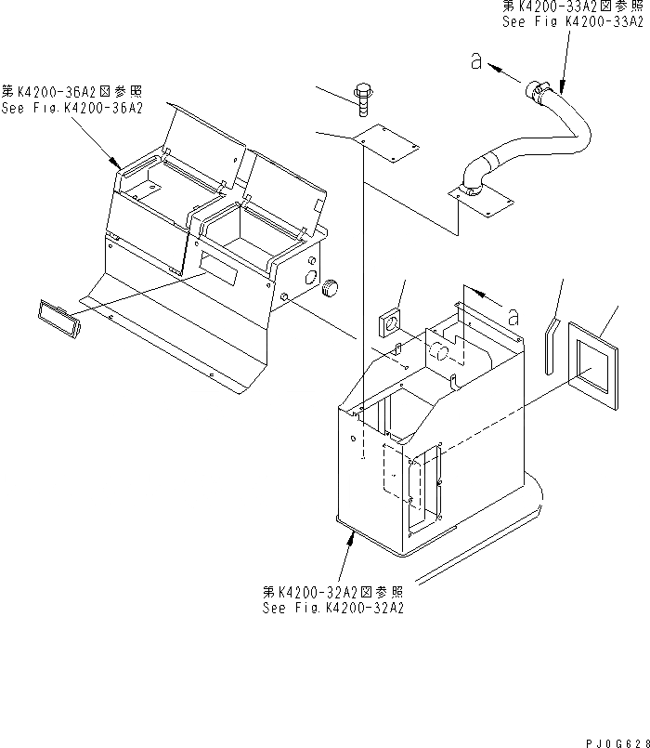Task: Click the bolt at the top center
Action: [362, 96]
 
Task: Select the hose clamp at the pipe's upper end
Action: [537, 90]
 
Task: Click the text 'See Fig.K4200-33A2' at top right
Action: [573, 21]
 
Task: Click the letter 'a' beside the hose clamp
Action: [476, 63]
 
